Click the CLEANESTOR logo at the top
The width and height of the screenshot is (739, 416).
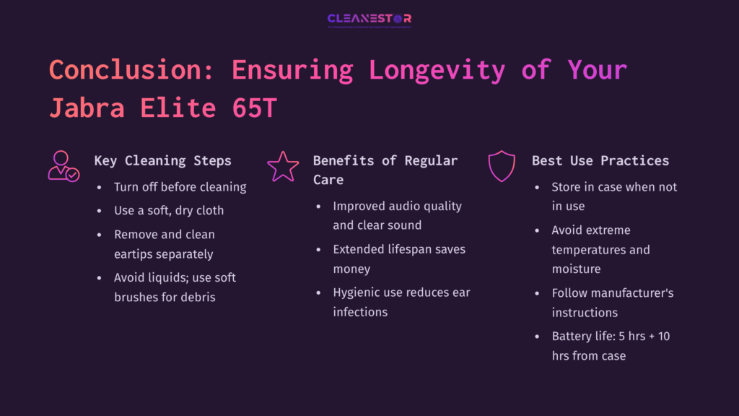369,19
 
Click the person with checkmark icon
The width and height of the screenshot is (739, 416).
63,166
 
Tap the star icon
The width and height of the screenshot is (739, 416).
282,166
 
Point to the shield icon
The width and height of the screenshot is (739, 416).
502,166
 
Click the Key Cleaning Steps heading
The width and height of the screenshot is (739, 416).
162,160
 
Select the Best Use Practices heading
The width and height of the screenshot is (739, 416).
600,160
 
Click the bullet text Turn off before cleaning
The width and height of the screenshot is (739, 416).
180,187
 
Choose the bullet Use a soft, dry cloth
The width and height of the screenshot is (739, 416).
169,211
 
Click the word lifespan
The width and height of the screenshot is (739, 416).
409,249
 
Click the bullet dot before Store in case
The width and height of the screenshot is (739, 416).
536,187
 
